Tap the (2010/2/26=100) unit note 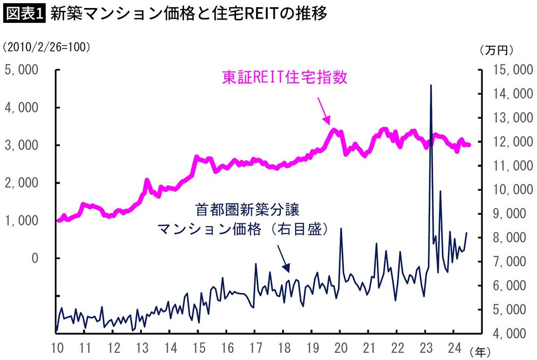pos(47,47)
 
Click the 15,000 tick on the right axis pos(511,70)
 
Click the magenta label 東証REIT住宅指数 pos(285,77)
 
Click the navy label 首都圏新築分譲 pos(247,210)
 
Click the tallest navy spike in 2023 pos(430,86)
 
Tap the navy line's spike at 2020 pos(341,229)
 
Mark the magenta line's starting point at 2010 pos(58,220)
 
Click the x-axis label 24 pos(452,347)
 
